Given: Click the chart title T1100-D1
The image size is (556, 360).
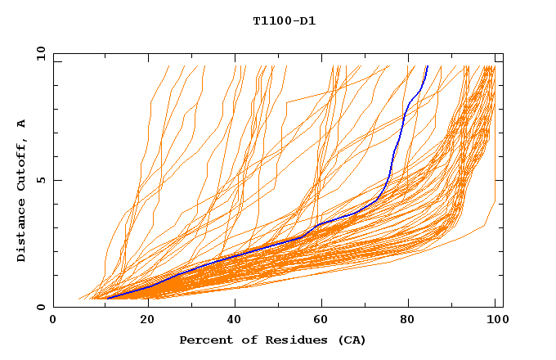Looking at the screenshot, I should (x=284, y=20).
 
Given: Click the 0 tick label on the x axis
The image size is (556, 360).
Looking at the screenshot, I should (x=53, y=320).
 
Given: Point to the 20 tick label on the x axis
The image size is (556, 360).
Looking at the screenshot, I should (x=148, y=320).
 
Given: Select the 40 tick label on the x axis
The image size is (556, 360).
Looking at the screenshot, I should (x=236, y=320).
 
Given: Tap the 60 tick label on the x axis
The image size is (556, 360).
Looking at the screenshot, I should (x=325, y=320).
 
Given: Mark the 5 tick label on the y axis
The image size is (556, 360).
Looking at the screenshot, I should (x=43, y=180).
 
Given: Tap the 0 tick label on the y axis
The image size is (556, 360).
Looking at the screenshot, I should (x=43, y=307).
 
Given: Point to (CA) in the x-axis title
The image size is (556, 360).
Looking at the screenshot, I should (x=352, y=340).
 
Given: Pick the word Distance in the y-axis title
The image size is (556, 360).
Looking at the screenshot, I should (x=22, y=230).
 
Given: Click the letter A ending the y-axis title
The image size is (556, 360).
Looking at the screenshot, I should (x=22, y=124).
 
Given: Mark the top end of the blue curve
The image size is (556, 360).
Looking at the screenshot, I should (x=427, y=66).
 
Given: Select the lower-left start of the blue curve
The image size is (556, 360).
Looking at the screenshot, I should (x=107, y=299).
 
